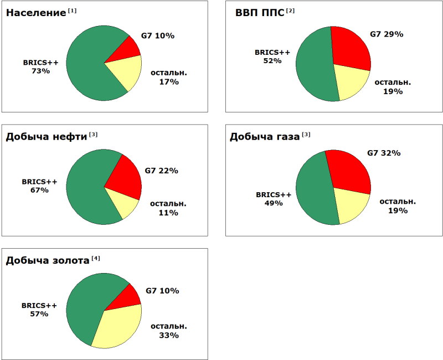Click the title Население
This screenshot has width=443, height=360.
coord(36,12)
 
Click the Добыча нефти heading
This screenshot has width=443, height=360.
coord(47,137)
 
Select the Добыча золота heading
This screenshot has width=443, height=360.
coord(48,260)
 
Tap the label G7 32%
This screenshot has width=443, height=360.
coord(384,153)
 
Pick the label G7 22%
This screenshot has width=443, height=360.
coord(161,171)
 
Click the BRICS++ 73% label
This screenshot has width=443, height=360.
coord(40,66)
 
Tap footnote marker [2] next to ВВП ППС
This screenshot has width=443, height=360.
coord(291,10)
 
